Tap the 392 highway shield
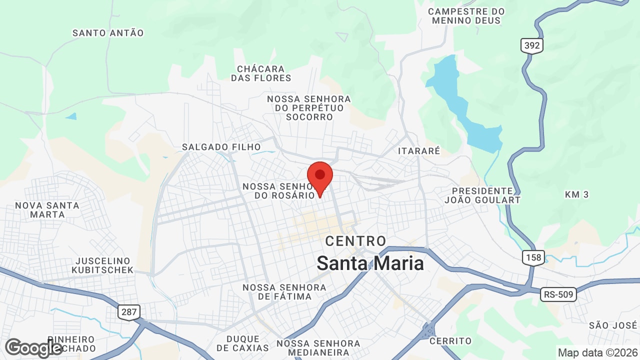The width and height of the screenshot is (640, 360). [532, 46]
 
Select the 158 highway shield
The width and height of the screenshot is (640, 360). [533, 257]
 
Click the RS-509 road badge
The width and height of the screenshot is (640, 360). [558, 294]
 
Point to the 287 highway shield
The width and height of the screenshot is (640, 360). [129, 312]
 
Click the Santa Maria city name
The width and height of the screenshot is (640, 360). [370, 263]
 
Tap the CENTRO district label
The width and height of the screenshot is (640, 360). [355, 241]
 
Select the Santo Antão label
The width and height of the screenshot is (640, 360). [108, 33]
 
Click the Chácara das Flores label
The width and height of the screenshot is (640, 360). [261, 73]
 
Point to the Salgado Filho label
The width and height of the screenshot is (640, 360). [221, 147]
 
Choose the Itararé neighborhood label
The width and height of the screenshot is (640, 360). [419, 150]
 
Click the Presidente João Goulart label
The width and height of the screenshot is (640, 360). [482, 195]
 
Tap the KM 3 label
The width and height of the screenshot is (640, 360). [576, 194]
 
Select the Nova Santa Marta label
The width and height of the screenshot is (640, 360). [47, 210]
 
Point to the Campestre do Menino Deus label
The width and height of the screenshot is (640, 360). [466, 16]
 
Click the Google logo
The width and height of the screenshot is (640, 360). [33, 348]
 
